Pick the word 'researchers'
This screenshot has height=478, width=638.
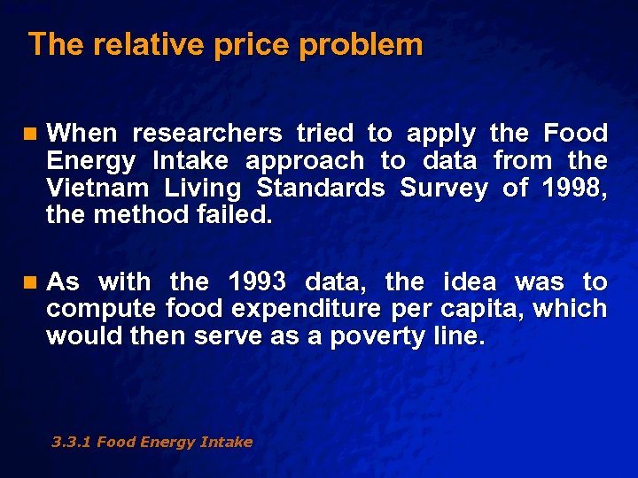(x=207, y=134)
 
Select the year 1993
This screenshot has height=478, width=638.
(x=257, y=282)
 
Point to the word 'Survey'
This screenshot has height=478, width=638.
(x=444, y=188)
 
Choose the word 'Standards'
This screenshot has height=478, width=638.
(x=321, y=188)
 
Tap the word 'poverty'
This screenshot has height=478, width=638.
(x=379, y=337)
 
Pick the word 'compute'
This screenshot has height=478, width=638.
(x=101, y=310)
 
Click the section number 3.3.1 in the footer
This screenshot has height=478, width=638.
(x=71, y=442)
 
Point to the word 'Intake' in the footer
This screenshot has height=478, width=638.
(x=225, y=442)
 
